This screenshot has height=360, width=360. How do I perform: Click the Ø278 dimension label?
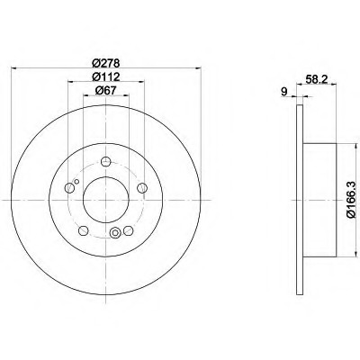point(106,63)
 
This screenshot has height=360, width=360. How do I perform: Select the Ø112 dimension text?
point(106,76)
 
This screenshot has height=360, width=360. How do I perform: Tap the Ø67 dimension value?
point(106,91)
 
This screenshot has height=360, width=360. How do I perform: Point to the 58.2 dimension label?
point(316,79)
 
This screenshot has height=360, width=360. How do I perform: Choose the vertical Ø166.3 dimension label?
point(351,200)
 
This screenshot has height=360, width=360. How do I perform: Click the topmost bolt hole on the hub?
point(106,162)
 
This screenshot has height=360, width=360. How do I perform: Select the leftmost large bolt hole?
point(69,188)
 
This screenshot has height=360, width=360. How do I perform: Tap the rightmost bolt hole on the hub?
point(142,188)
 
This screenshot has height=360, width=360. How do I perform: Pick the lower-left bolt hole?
point(83,230)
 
